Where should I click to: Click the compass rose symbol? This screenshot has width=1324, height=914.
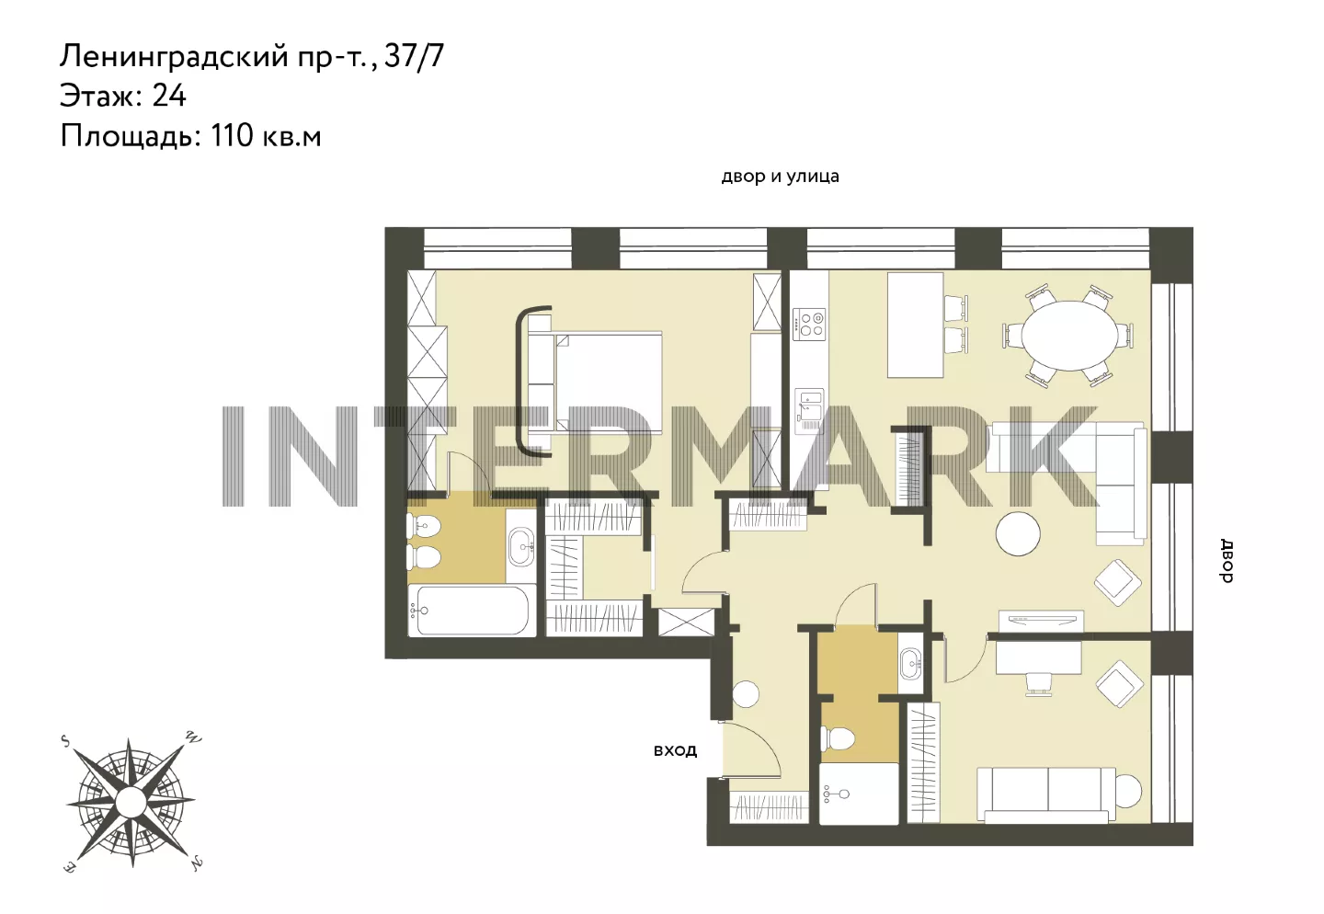[x=131, y=802]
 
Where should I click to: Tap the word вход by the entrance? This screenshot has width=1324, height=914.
[x=675, y=751]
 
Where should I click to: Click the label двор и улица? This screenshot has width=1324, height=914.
[x=780, y=177]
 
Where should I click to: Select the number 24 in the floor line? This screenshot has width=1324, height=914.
[x=169, y=96]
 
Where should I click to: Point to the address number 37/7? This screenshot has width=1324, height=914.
[x=414, y=57]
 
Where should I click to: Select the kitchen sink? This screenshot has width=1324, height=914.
[x=808, y=405]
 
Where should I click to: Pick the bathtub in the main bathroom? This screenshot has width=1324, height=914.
[x=471, y=611]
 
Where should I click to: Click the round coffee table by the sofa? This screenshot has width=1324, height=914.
[x=1017, y=533]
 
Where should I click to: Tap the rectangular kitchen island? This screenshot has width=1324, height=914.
[x=915, y=325]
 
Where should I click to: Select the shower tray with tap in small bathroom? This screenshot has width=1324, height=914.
[x=859, y=794]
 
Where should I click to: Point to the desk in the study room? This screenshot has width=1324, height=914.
[x=1039, y=657]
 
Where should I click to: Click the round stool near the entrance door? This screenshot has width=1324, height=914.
[x=745, y=694]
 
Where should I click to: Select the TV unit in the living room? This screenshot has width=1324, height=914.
[x=1042, y=620]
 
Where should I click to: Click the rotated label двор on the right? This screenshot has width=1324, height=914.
[x=1227, y=561]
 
